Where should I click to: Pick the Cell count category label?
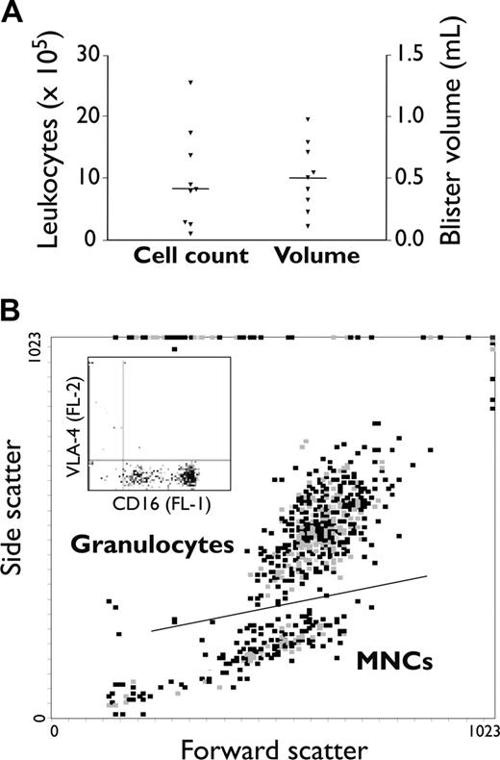click(x=189, y=257)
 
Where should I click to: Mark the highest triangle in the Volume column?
click(x=308, y=119)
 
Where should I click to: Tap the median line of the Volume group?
click(x=308, y=178)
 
